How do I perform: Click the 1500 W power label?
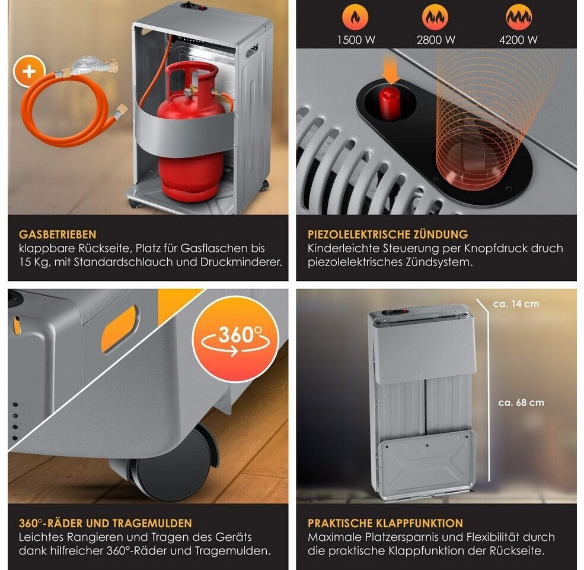356,40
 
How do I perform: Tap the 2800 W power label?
436,40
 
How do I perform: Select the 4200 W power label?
518,40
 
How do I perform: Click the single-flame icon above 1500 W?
355,17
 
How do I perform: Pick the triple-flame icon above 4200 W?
518,17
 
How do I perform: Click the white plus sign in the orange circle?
30,71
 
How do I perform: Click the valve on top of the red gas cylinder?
191,91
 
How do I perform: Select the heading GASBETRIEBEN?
58,235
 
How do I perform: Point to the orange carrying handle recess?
120,328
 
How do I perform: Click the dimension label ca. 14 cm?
516,303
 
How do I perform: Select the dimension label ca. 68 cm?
521,403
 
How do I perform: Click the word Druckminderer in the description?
241,262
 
